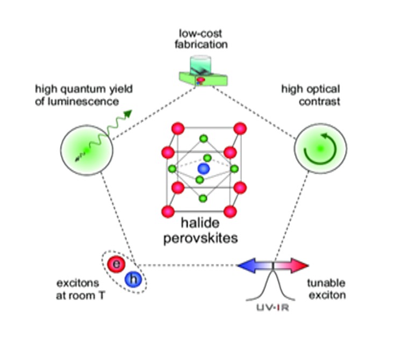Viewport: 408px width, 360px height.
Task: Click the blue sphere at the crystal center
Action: (x=203, y=169)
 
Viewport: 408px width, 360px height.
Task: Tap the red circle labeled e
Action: (x=116, y=264)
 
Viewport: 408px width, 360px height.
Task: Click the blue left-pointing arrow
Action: (x=253, y=265)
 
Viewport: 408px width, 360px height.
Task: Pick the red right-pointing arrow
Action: (x=294, y=265)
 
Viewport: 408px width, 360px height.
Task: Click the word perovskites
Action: (x=200, y=238)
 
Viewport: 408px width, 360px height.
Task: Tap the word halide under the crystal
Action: (x=200, y=223)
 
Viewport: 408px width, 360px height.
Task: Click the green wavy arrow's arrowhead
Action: (x=127, y=114)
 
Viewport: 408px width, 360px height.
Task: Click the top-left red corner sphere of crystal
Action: (x=178, y=130)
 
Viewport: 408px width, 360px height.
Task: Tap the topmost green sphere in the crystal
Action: (x=204, y=139)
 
